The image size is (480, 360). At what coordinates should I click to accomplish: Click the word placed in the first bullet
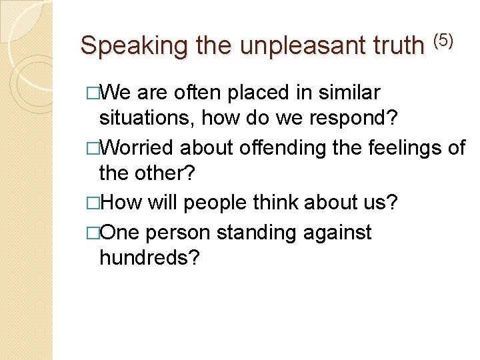pyautogui.click(x=249, y=92)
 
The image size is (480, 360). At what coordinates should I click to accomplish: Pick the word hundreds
pyautogui.click(x=148, y=259)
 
